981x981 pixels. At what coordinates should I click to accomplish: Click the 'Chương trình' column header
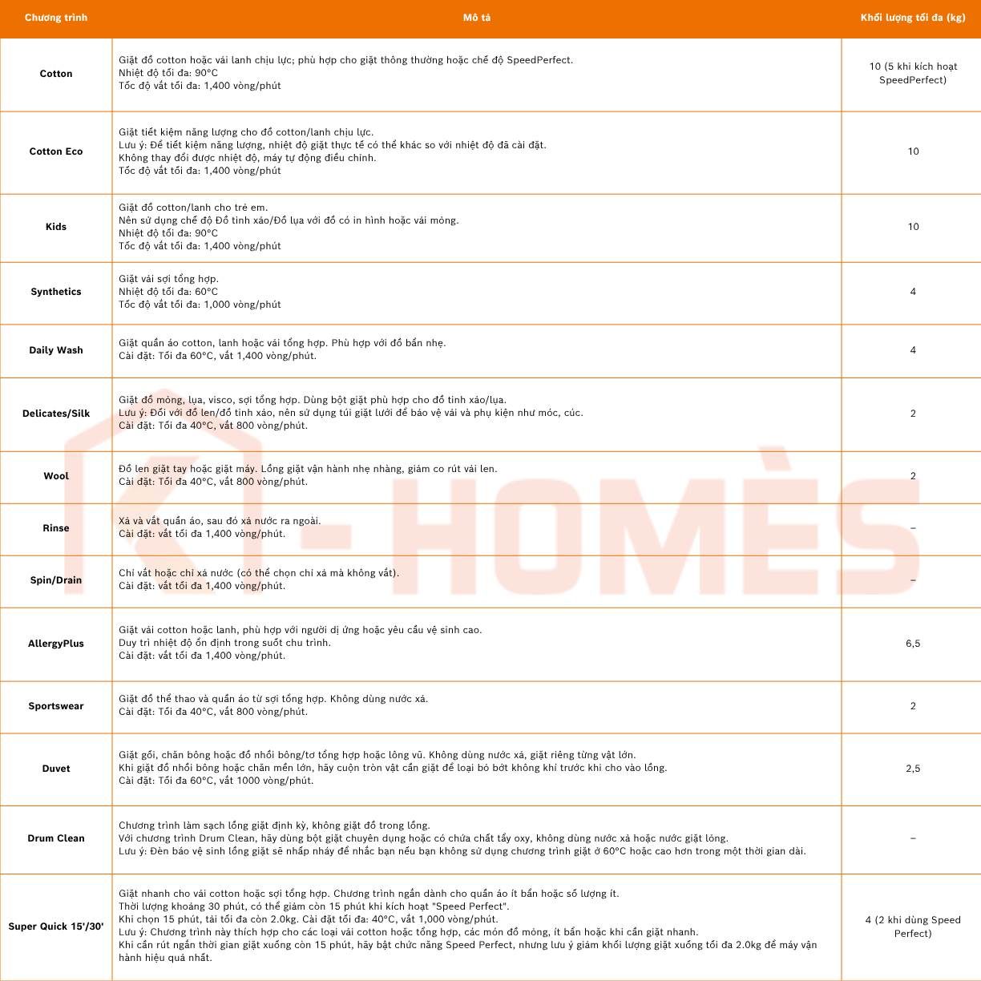click(x=56, y=18)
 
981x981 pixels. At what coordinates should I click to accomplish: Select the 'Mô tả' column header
click(x=477, y=18)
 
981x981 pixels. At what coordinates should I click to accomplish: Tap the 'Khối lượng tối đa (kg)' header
click(x=913, y=18)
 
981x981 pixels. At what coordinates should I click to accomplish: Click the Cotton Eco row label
click(x=56, y=151)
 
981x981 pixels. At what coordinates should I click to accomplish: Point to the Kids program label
click(x=56, y=227)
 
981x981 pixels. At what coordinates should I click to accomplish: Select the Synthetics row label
click(x=56, y=292)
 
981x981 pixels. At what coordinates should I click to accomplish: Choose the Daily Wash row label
click(x=56, y=350)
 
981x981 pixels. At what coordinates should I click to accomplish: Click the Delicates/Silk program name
click(x=56, y=414)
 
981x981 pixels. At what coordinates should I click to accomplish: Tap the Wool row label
click(x=56, y=476)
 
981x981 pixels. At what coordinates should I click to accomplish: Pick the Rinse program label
click(x=56, y=528)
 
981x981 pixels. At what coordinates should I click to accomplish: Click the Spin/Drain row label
click(x=56, y=580)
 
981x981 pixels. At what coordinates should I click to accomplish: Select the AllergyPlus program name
click(x=56, y=644)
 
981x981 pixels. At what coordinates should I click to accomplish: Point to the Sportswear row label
click(x=56, y=706)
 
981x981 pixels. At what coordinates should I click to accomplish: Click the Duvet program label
click(x=56, y=769)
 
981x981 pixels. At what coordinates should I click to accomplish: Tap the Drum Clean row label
click(x=56, y=838)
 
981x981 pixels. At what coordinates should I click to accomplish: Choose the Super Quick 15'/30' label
click(x=56, y=926)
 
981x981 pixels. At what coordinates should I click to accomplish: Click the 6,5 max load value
click(x=913, y=644)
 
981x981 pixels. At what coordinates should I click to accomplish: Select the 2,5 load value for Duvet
click(x=913, y=769)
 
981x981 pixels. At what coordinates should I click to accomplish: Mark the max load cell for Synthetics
click(x=913, y=292)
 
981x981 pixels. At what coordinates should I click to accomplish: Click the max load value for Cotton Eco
click(x=913, y=151)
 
